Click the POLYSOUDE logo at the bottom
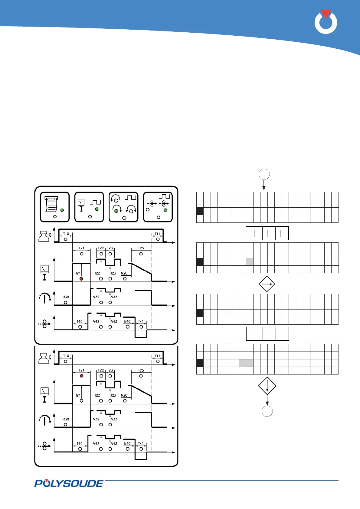point(69,483)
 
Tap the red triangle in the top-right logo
point(326,14)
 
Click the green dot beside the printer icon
point(62,210)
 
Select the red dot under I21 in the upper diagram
point(81,279)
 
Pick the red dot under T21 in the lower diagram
point(81,376)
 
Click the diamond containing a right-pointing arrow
point(267,284)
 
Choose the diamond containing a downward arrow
point(267,386)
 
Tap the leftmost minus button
point(255,334)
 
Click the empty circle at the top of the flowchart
point(264,174)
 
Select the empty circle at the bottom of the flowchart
point(267,411)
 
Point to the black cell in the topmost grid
point(200,211)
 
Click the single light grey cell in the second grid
point(250,262)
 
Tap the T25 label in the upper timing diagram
point(141,248)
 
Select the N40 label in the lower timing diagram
point(127,444)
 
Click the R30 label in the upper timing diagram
point(66,297)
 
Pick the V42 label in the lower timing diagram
point(96,444)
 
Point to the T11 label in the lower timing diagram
point(158,356)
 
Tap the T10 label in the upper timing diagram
point(66,234)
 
